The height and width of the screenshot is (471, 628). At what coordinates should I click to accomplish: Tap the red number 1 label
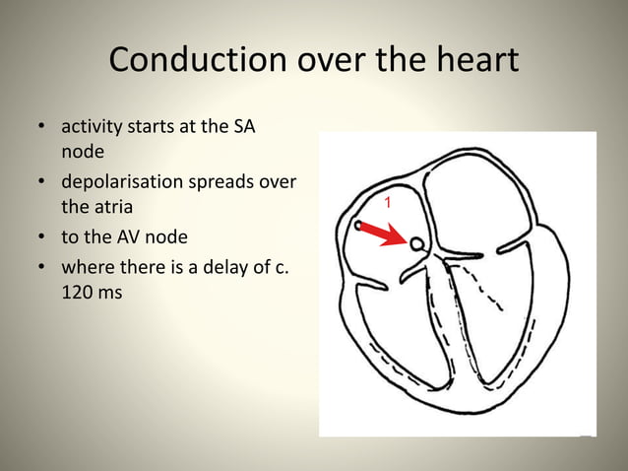pos(388,202)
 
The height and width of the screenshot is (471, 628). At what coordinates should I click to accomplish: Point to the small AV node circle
pos(417,243)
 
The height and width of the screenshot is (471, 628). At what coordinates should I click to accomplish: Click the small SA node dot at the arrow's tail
pos(360,226)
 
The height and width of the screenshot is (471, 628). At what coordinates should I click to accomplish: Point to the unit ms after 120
pos(110,292)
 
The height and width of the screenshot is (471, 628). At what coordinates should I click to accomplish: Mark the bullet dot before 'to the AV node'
pos(42,238)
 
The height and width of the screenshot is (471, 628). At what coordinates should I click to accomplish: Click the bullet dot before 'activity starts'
pos(42,129)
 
